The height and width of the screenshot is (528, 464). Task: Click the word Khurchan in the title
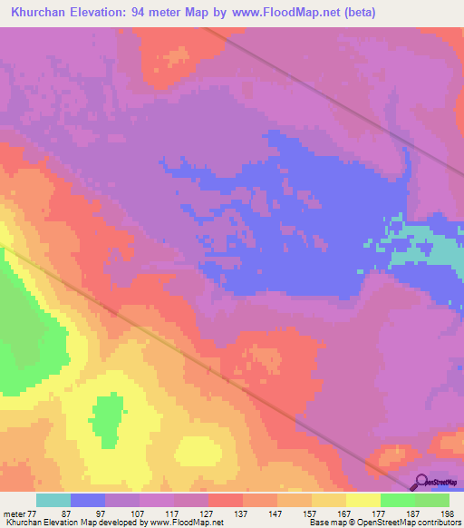(36, 12)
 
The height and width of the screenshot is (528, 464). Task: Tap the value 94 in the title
(153, 12)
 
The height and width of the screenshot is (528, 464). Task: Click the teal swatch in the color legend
(53, 500)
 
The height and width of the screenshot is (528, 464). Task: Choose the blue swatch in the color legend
(88, 500)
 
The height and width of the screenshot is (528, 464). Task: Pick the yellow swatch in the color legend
(363, 500)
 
